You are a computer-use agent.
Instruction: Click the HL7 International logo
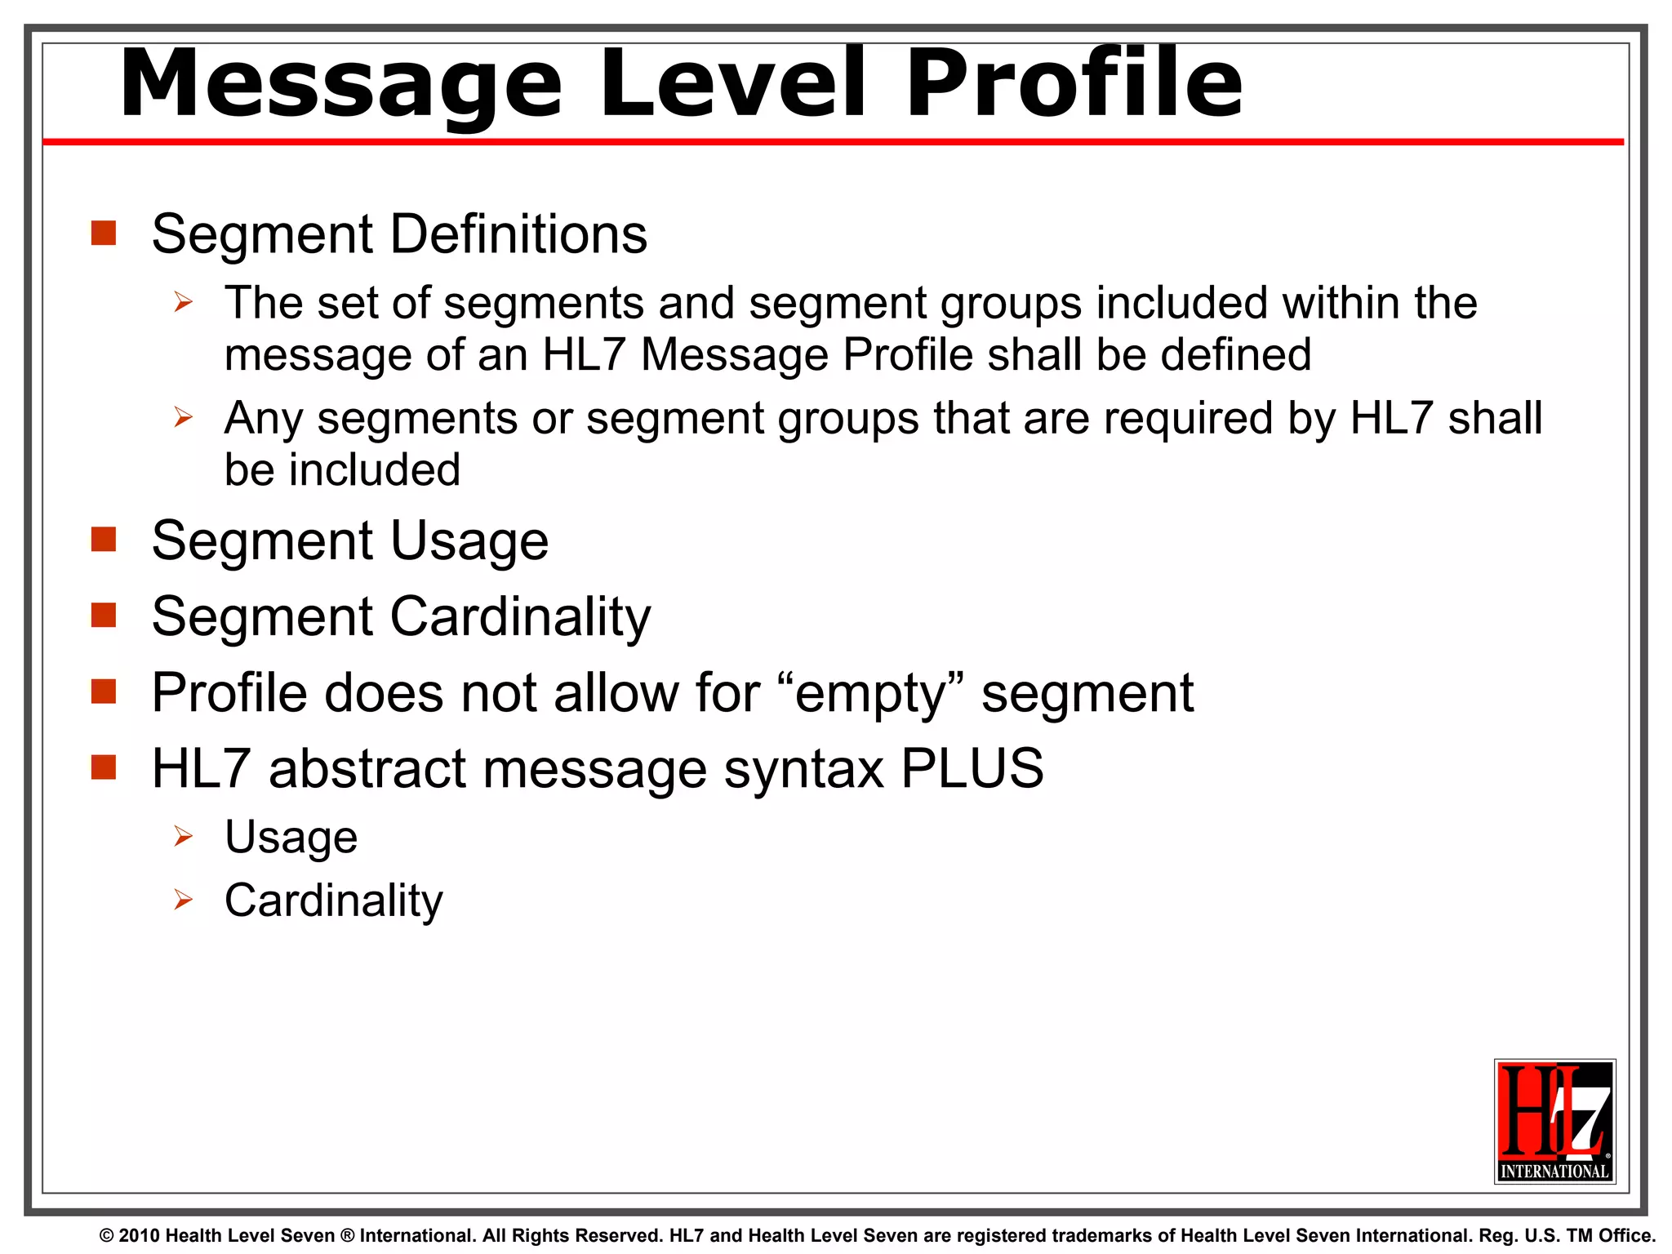(1554, 1121)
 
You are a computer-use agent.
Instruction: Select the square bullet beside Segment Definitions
(104, 233)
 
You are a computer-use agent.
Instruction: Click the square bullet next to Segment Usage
(104, 540)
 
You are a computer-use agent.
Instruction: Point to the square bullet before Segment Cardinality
(104, 615)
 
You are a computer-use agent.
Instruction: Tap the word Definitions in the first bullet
(518, 234)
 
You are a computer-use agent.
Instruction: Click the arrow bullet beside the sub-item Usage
(183, 837)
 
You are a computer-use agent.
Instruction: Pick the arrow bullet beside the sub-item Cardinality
(183, 900)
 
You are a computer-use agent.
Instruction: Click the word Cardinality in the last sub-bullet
(333, 900)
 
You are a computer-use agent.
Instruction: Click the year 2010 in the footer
(140, 1236)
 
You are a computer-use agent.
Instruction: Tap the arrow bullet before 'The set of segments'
(183, 303)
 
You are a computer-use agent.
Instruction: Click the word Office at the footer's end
(1630, 1236)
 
